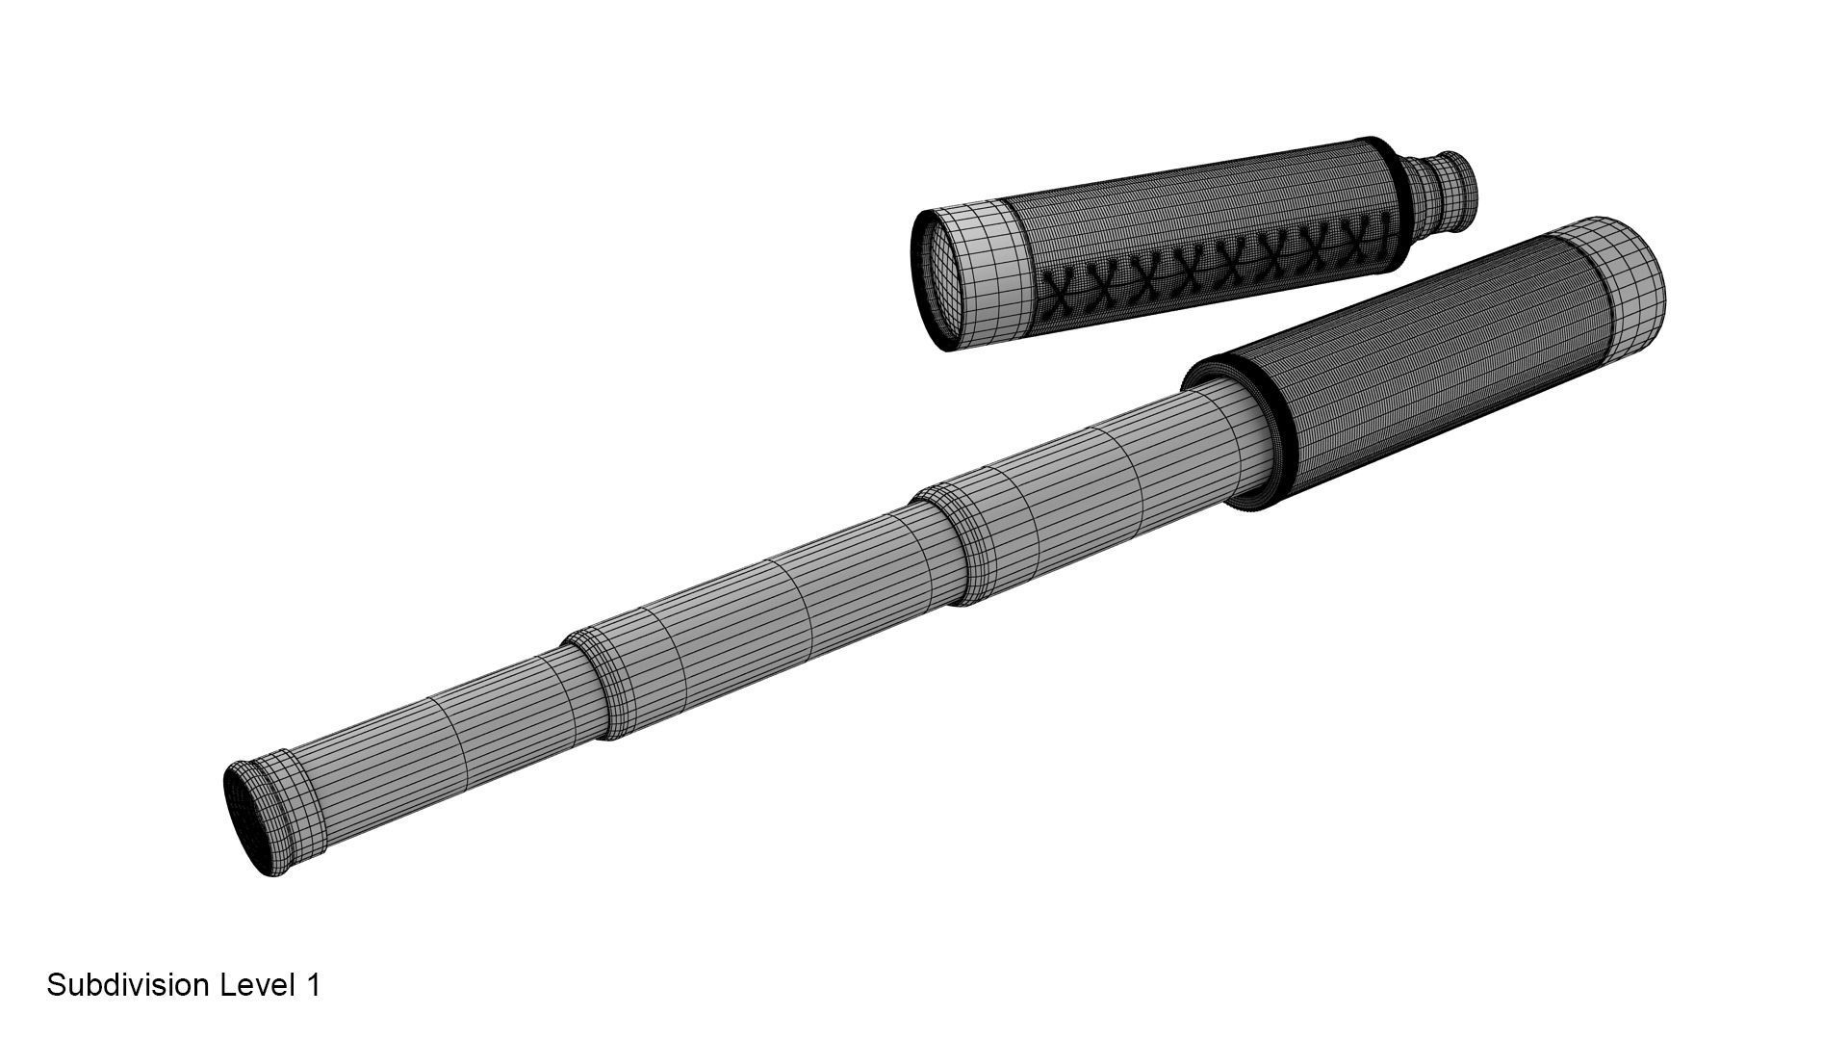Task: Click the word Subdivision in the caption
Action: pyautogui.click(x=129, y=985)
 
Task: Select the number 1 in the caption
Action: pyautogui.click(x=312, y=985)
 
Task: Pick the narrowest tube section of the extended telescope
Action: pyautogui.click(x=433, y=741)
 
